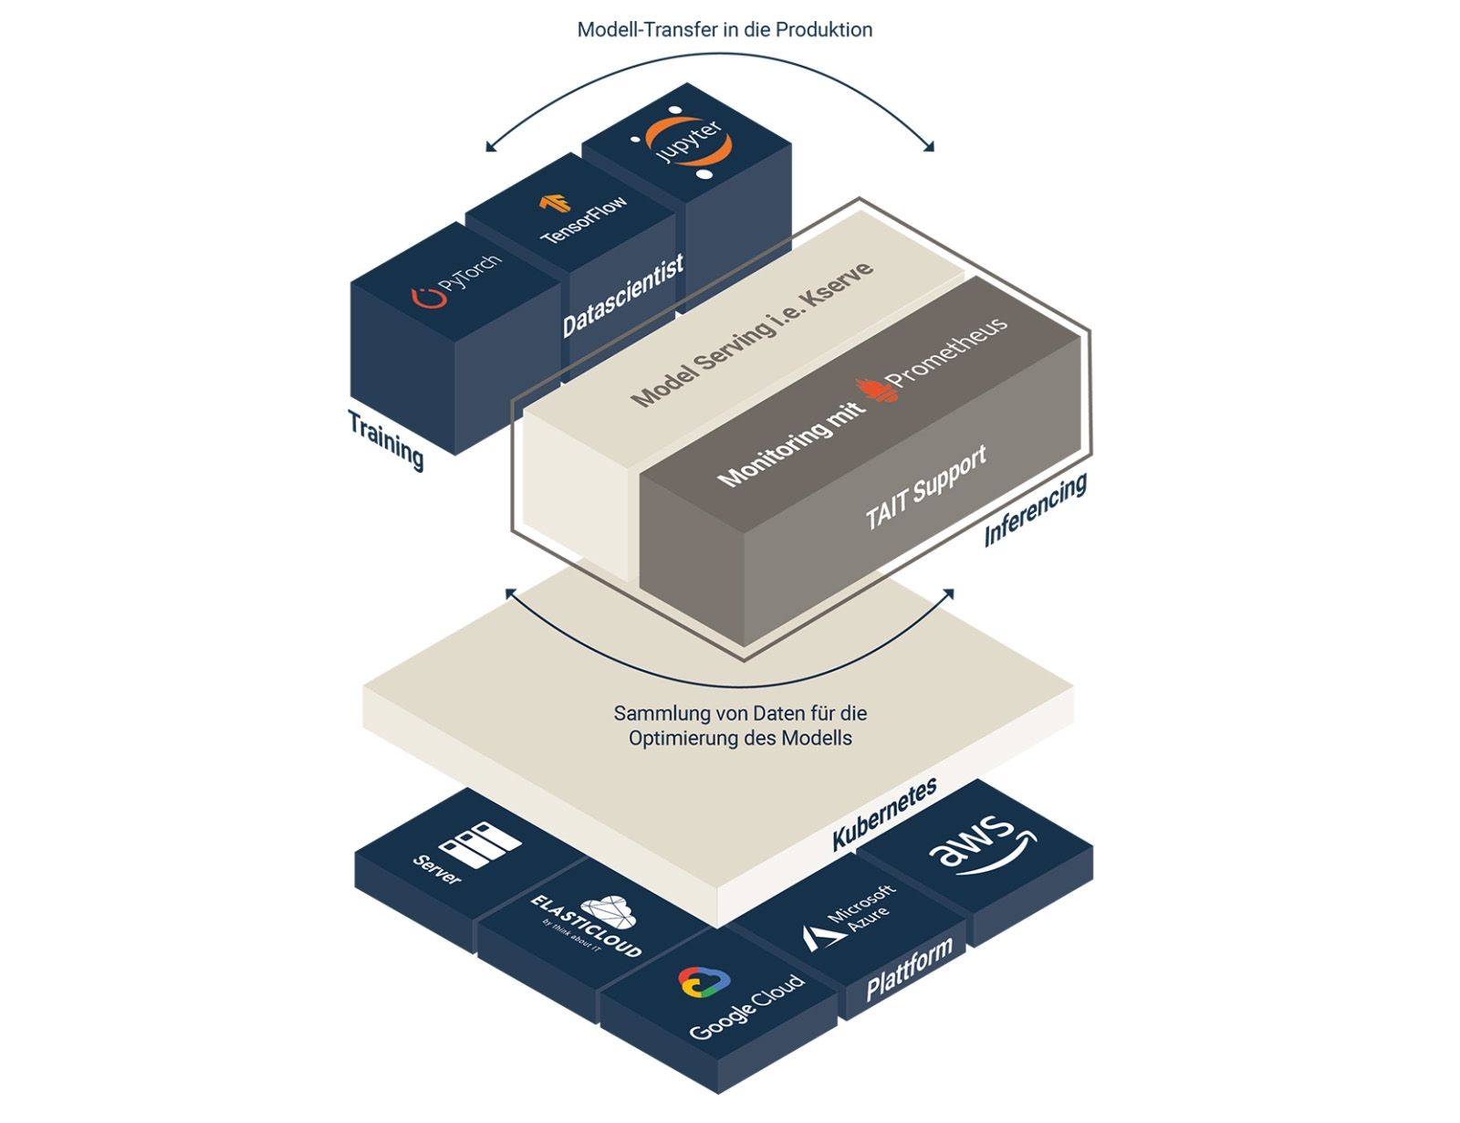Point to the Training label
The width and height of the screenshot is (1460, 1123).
[386, 438]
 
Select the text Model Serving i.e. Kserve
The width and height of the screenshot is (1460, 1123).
[752, 334]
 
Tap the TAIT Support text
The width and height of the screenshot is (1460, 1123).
[926, 488]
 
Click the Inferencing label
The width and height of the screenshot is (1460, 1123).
[1036, 509]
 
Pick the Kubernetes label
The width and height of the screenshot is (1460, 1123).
[884, 814]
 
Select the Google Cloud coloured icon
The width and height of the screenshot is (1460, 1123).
[704, 982]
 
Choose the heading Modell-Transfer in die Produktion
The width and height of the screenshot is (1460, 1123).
[725, 30]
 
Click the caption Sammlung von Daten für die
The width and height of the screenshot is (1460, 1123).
[740, 713]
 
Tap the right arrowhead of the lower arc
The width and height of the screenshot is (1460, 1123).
[948, 595]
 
